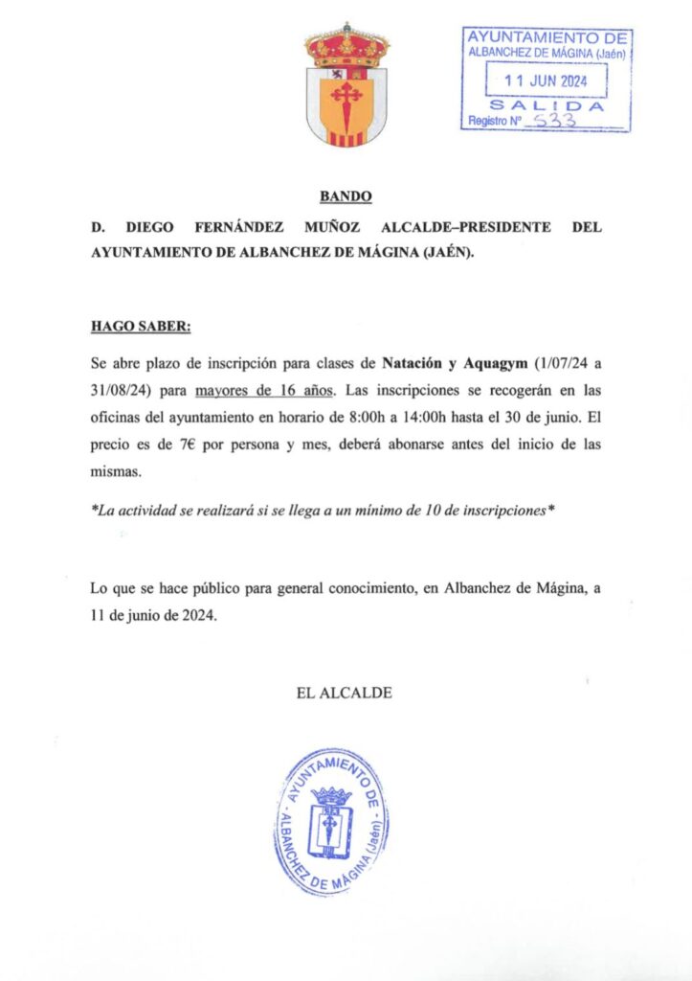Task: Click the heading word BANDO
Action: tap(346, 197)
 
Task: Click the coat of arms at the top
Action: tap(346, 85)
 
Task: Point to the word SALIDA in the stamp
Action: tap(547, 105)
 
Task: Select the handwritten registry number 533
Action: tap(552, 122)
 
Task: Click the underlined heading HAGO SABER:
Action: tap(142, 326)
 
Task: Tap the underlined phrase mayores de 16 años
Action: tap(264, 390)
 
